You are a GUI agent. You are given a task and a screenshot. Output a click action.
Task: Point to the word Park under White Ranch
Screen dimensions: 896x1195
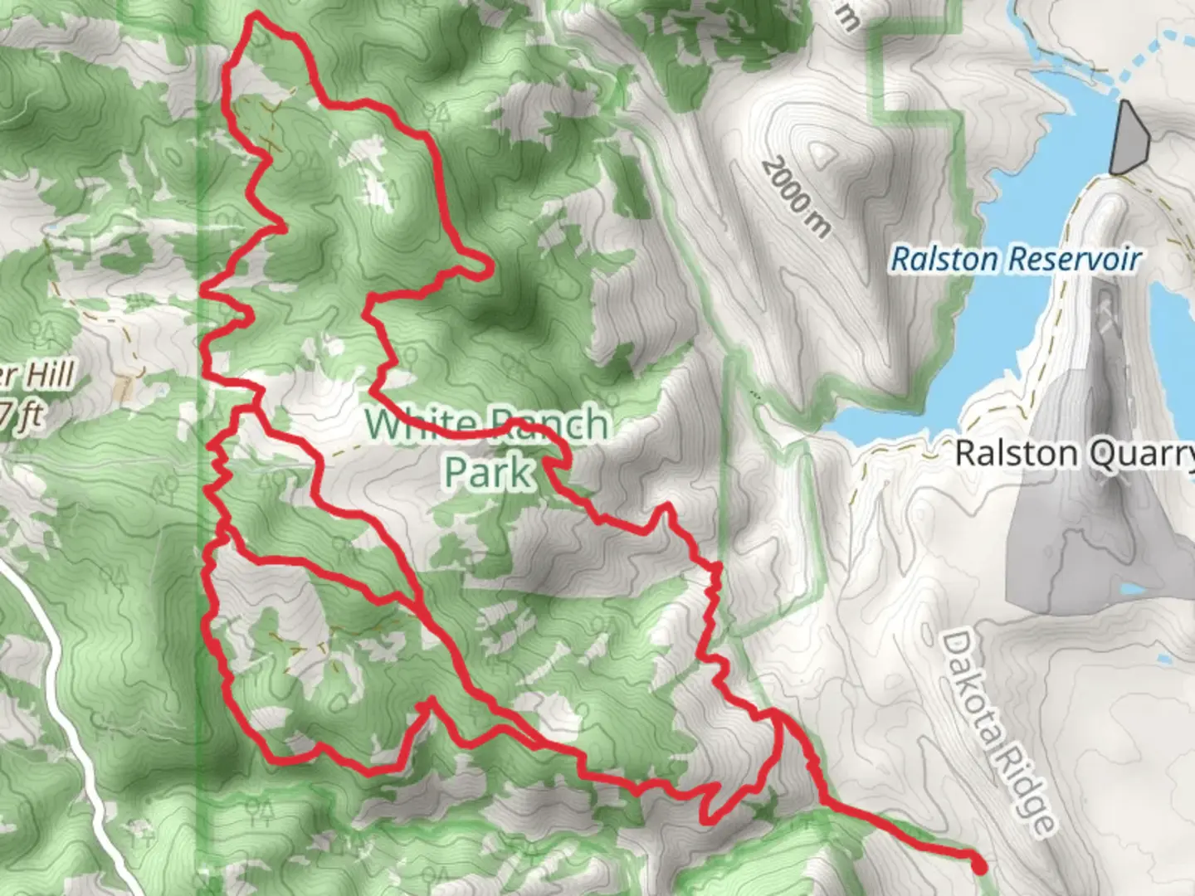pos(487,473)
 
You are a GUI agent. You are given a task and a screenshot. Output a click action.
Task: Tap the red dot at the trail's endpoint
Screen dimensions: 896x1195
pos(979,867)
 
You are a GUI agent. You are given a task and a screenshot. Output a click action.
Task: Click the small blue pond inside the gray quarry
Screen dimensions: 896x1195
pos(1134,590)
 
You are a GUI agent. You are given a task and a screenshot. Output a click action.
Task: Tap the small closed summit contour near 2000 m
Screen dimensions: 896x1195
pos(822,153)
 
